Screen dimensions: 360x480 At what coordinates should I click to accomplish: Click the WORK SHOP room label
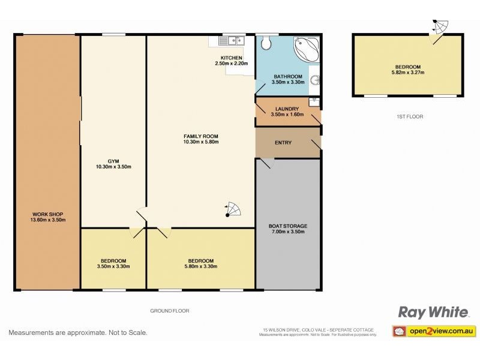[x=48, y=214]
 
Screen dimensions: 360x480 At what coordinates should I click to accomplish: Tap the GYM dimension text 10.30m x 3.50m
[x=113, y=167]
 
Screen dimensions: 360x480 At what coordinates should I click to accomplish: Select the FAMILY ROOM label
[x=200, y=137]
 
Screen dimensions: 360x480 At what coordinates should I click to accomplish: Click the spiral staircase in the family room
[x=233, y=209]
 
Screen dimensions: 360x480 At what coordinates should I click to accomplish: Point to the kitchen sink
[x=231, y=41]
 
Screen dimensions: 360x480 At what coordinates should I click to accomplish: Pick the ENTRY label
[x=283, y=143]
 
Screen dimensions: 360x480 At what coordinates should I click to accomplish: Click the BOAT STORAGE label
[x=287, y=226]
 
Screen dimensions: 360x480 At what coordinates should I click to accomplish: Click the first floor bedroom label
[x=407, y=67]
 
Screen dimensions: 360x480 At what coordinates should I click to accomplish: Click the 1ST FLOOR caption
[x=410, y=117]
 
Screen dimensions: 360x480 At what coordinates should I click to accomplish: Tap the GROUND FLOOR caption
[x=170, y=311]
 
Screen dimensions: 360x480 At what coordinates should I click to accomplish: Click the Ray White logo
[x=433, y=312]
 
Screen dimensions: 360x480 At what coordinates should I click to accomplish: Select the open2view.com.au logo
[x=433, y=331]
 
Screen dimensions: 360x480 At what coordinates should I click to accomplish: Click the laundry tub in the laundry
[x=313, y=101]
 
